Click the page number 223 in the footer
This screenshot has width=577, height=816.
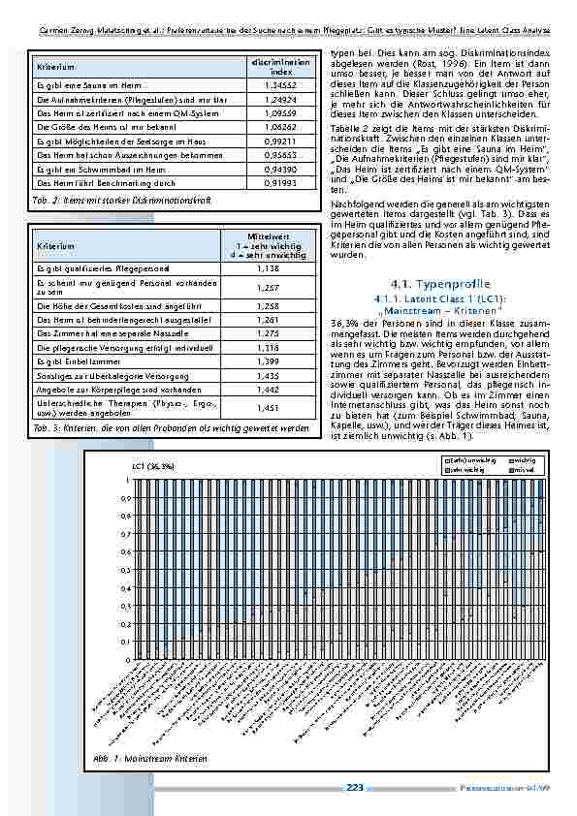pos(355,788)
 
